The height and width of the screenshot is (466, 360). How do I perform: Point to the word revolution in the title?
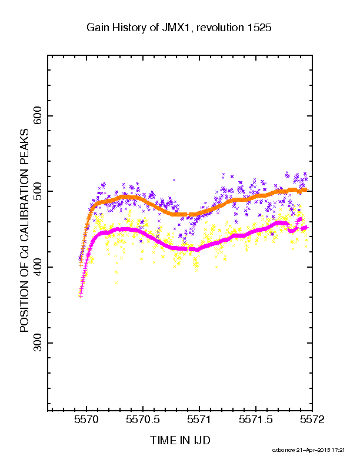click(x=220, y=27)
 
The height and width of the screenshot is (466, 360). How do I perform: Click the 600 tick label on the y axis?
click(x=38, y=115)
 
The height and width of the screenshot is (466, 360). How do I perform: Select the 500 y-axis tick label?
click(x=38, y=191)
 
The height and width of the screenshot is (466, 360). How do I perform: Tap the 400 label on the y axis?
click(x=38, y=267)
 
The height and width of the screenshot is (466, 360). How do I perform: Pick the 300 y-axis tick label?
click(x=38, y=342)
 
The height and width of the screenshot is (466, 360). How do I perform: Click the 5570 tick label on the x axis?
click(x=86, y=420)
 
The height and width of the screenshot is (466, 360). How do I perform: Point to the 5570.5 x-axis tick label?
click(x=143, y=420)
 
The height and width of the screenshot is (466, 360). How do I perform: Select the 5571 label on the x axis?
click(x=199, y=420)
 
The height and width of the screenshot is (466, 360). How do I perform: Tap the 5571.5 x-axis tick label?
click(x=256, y=420)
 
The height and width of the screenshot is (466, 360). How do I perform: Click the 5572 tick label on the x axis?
click(x=312, y=420)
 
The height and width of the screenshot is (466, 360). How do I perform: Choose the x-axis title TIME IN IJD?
click(x=180, y=440)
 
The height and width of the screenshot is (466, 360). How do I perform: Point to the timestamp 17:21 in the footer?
click(x=339, y=450)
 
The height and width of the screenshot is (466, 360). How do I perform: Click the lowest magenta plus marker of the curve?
click(x=81, y=296)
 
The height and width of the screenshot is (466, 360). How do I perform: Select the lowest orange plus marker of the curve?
click(x=81, y=265)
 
